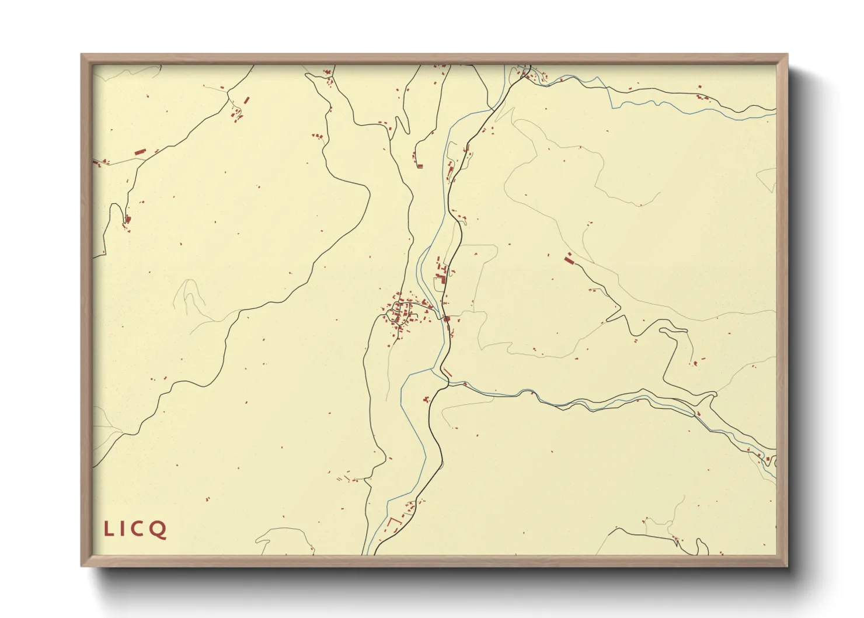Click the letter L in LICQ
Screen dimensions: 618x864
pos(109,529)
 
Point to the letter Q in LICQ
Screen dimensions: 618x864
pos(158,530)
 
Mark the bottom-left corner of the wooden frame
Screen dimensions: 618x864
pos(82,565)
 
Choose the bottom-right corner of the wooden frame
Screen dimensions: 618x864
pos(788,565)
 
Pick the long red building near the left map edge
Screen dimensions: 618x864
pos(139,152)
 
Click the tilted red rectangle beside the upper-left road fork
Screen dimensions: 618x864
pos(246,101)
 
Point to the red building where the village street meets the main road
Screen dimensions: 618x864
pos(447,319)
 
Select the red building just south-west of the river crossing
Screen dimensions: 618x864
pos(426,400)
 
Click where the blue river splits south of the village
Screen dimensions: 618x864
pos(432,369)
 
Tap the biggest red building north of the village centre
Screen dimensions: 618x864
pos(443,279)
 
